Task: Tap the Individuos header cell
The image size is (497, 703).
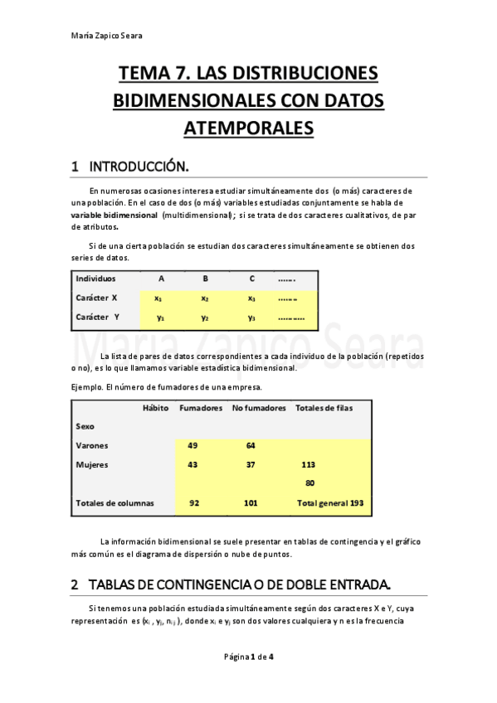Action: coord(96,279)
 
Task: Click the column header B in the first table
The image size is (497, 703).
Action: coord(205,279)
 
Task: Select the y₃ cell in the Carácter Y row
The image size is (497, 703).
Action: coord(252,317)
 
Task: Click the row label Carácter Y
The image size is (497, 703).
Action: coord(98,317)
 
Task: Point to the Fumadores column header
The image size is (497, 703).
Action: coord(201,408)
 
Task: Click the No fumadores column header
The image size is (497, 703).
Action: coord(259,408)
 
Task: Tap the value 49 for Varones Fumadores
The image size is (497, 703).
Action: coord(193,446)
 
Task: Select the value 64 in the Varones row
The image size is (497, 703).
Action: coord(251,446)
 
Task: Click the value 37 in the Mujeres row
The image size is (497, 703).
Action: coord(251,465)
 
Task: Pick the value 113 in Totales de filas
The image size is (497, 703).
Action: coord(309,465)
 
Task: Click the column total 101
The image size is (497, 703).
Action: coord(251,503)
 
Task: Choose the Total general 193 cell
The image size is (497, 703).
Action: coord(330,503)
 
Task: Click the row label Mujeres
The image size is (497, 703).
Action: coord(92,465)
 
